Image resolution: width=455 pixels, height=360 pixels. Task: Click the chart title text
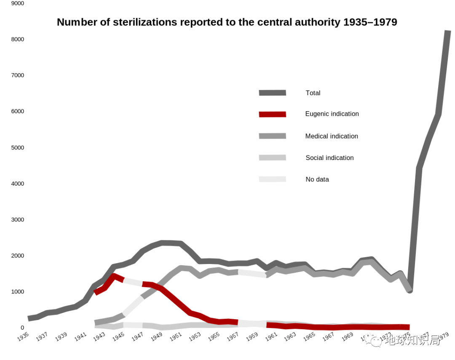click(x=227, y=22)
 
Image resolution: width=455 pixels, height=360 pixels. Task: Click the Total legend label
click(x=313, y=93)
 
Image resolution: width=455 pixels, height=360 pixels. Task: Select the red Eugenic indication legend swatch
click(x=272, y=114)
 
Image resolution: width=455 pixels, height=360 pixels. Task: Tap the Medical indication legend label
click(x=331, y=136)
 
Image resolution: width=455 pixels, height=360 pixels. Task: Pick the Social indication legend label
click(x=329, y=158)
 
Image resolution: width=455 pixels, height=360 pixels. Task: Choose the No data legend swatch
click(x=272, y=179)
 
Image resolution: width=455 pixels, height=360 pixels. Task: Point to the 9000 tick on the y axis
click(x=17, y=3)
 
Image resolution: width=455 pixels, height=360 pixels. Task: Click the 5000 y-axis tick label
click(x=17, y=148)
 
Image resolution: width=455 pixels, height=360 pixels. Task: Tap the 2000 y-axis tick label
click(x=17, y=256)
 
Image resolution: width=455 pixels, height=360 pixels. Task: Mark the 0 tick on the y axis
click(x=22, y=328)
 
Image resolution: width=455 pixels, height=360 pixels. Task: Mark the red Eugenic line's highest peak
click(x=113, y=276)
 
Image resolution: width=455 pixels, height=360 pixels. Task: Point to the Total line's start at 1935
click(x=29, y=318)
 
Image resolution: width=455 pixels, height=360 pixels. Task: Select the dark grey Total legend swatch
click(x=272, y=93)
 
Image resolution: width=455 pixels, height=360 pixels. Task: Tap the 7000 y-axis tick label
click(x=17, y=75)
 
